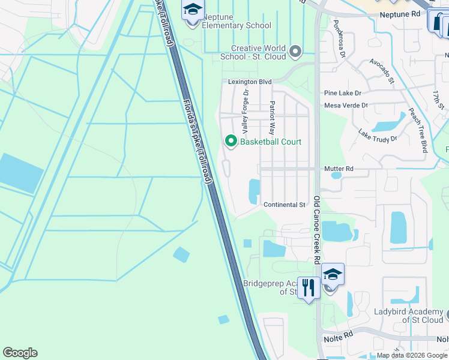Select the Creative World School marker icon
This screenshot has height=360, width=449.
coord(295,52)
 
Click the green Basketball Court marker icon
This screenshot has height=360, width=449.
coord(231,142)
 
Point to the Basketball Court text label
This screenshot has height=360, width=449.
coord(271,142)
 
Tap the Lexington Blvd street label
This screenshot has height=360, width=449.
coord(250,82)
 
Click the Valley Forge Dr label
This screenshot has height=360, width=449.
coord(245,112)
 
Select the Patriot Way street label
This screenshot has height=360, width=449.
coord(272,117)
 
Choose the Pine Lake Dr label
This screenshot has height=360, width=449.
coord(342,93)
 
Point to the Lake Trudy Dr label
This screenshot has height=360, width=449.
coord(378,136)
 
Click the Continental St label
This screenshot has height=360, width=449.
coord(285,205)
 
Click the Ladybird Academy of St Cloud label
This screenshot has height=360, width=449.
coord(408,316)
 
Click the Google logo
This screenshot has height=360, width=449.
coord(20,353)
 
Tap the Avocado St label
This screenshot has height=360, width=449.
coord(382,71)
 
